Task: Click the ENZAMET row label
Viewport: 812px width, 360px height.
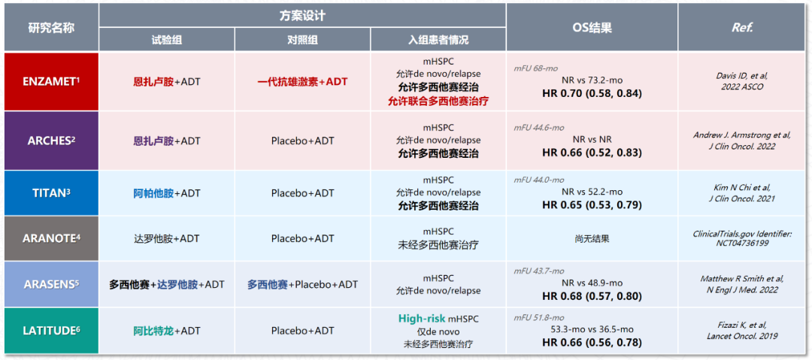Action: click(51, 81)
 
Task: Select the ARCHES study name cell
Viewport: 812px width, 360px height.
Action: click(51, 141)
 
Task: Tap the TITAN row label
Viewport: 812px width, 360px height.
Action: click(51, 193)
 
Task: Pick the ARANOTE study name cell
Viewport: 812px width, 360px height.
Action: click(51, 239)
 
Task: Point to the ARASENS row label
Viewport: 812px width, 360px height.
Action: click(51, 284)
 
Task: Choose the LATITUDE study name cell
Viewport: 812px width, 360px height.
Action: click(51, 331)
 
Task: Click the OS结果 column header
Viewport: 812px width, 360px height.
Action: click(592, 28)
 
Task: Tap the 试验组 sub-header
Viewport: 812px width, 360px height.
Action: click(167, 39)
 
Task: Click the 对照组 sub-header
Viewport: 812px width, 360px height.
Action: click(302, 39)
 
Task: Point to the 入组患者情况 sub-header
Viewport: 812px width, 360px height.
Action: click(438, 39)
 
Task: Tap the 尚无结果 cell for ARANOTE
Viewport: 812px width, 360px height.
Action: click(592, 239)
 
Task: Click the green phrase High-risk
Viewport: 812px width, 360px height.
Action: click(421, 318)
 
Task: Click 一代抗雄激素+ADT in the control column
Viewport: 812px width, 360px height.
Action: click(302, 82)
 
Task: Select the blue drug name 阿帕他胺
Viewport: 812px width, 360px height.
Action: click(153, 193)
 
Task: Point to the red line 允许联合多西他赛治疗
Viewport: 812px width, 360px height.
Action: click(438, 101)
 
